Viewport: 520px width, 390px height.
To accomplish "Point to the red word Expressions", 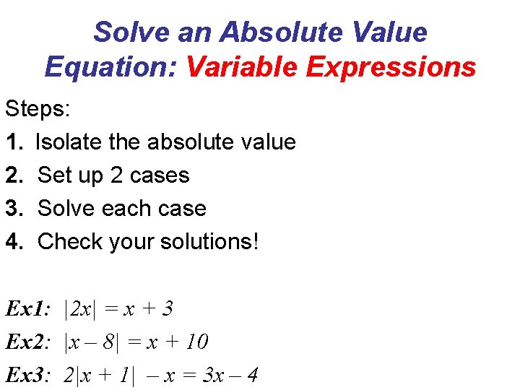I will click(391, 67).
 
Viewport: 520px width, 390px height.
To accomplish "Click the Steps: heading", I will click(38, 109).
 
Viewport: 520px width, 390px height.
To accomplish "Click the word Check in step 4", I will click(69, 242).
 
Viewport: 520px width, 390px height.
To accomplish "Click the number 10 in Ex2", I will click(196, 342).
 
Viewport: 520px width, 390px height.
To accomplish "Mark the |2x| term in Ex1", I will click(78, 309).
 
